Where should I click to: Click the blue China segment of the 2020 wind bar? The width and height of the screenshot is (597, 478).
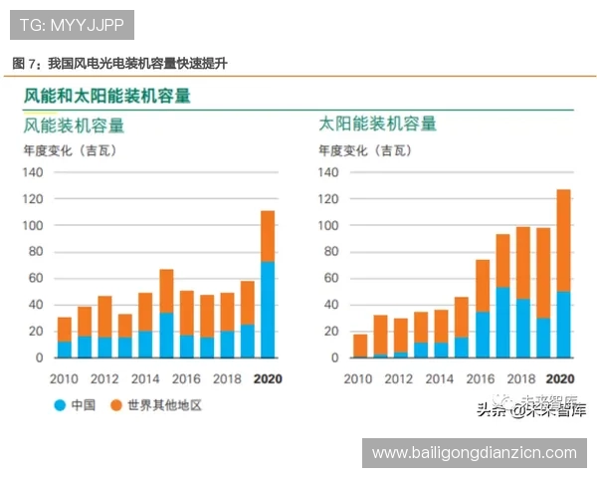268,309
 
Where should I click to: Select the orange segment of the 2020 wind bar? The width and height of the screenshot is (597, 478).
268,236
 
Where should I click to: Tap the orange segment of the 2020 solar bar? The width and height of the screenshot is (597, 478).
564,240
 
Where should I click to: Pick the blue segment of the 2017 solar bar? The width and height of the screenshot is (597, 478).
503,322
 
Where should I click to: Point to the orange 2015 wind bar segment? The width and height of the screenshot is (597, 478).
166,291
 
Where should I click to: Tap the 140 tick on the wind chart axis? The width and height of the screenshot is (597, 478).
34,172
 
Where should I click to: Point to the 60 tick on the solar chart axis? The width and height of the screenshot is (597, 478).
334,278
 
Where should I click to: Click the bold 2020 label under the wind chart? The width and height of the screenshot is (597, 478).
268,378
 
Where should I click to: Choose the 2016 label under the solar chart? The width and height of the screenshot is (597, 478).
482,378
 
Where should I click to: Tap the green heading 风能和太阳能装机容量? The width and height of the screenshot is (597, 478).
106,97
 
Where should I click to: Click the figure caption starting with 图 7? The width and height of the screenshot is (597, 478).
119,63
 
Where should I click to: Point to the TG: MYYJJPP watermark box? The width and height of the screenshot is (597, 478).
71,22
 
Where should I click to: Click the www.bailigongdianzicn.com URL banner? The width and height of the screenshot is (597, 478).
474,452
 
